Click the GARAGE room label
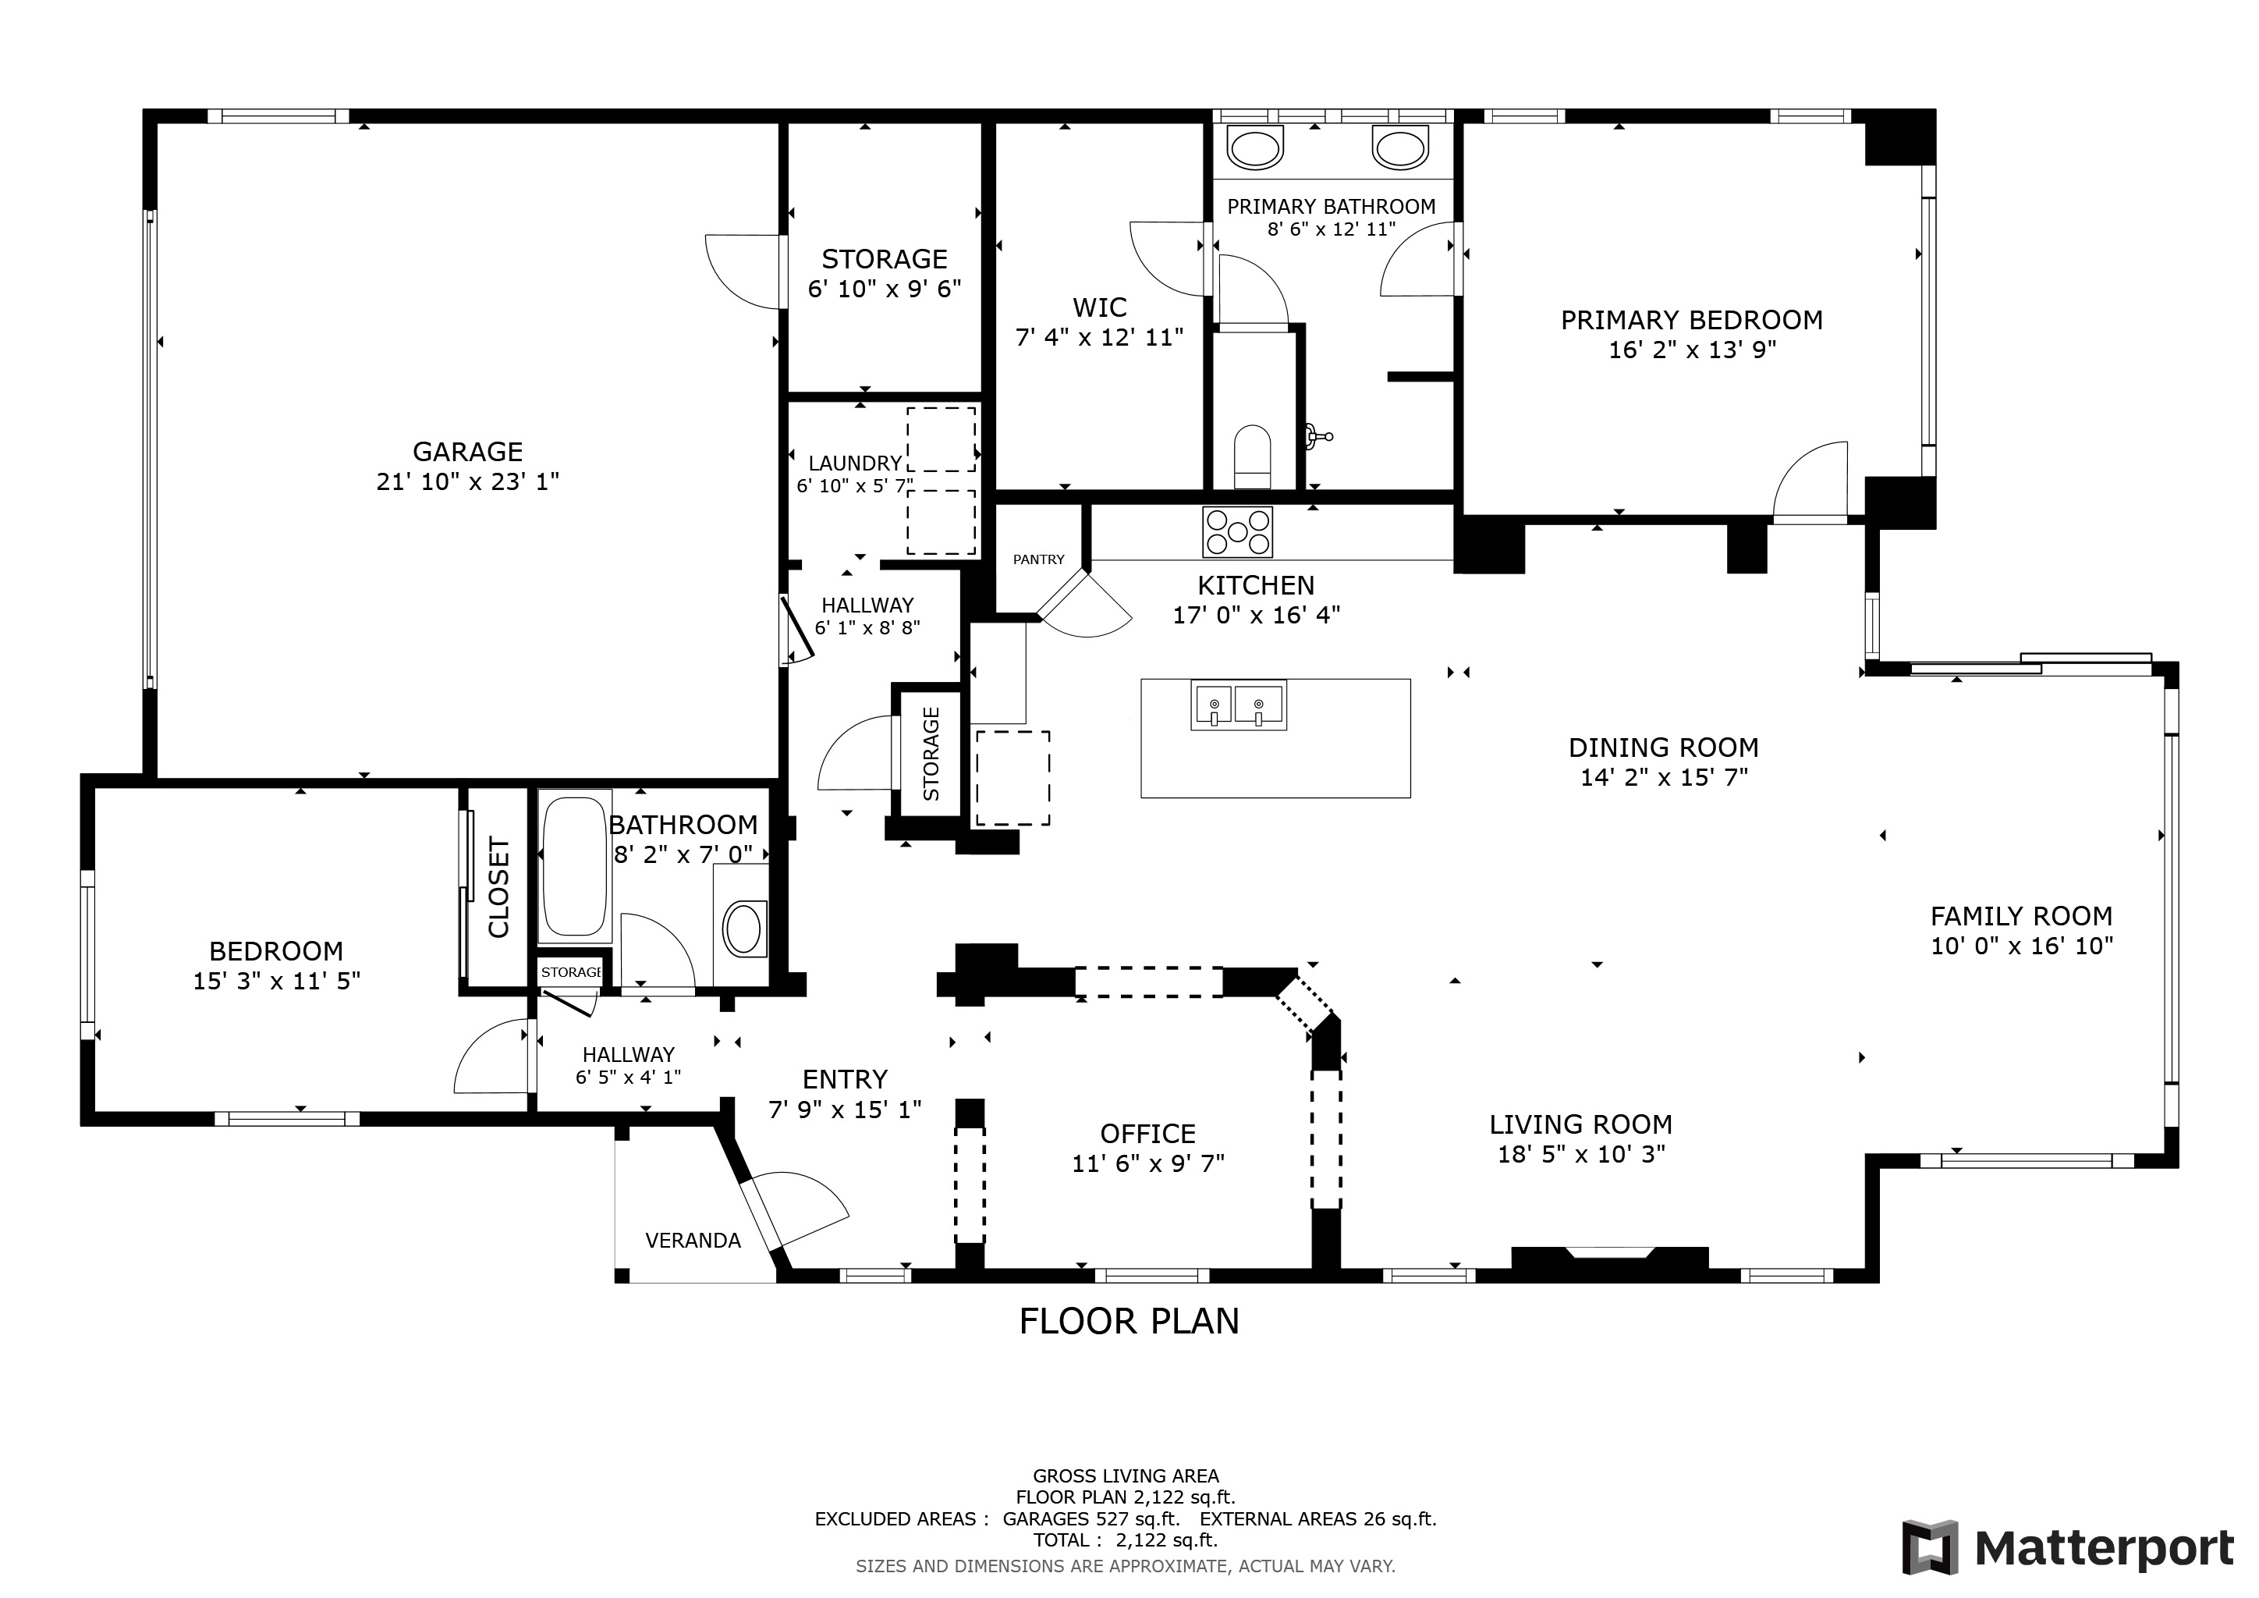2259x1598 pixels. coord(467,452)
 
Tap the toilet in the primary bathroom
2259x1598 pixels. coord(1253,456)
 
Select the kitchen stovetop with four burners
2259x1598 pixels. coord(1236,531)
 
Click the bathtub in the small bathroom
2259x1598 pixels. coord(575,867)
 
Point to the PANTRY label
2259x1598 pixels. coord(1039,559)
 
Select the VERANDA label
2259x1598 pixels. coord(693,1240)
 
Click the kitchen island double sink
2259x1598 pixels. coord(1238,705)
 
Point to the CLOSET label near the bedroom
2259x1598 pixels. coord(498,887)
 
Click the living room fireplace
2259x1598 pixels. coord(1610,1262)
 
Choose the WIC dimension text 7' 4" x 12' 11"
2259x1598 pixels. coord(1099,338)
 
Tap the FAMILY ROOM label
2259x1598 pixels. coord(2022,916)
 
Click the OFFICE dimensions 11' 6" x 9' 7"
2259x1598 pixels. coord(1148,1163)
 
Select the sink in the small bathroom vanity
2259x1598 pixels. coord(744,928)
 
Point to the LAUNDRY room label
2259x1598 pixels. coord(855,463)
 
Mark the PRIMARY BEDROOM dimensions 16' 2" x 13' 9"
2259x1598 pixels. coord(1692,350)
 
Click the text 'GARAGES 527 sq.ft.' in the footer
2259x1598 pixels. coord(1091,1518)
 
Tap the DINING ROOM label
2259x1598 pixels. coord(1664,747)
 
